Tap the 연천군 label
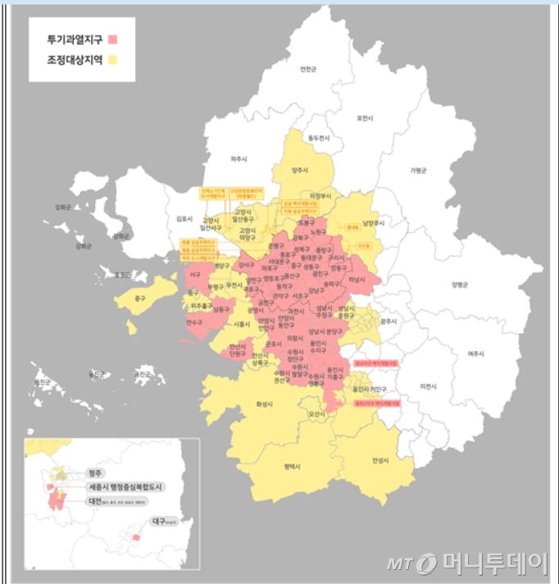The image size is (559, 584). point(307,70)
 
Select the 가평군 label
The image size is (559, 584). point(418,171)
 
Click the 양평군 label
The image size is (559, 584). point(460,285)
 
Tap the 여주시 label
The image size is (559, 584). point(476,354)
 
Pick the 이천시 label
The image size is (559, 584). point(428,386)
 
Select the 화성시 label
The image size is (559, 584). point(263,404)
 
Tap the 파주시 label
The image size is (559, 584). point(240,158)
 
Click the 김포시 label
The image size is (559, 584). point(184,219)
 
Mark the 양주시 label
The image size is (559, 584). point(301,171)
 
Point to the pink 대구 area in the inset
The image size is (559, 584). point(136,538)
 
